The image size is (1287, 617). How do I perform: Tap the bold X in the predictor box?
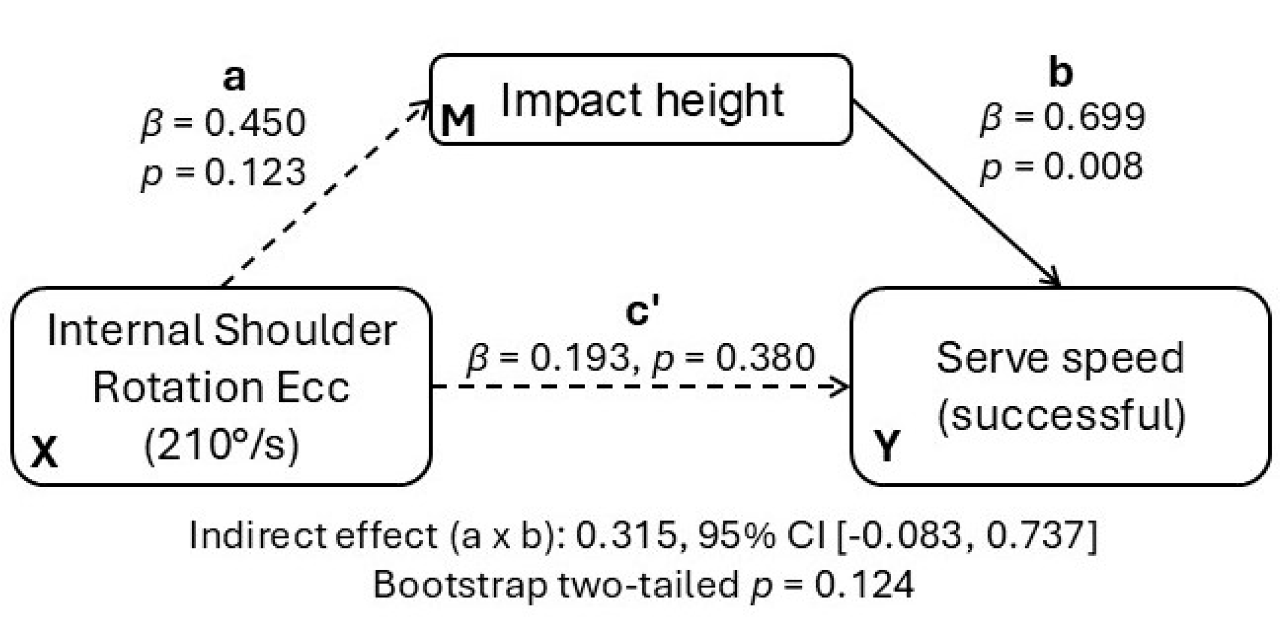click(44, 453)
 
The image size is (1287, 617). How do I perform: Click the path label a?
click(234, 77)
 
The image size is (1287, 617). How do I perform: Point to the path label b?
click(1060, 73)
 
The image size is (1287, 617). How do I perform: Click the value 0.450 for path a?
click(255, 123)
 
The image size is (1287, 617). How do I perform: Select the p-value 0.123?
click(255, 172)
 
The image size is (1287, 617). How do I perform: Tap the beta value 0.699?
click(1094, 117)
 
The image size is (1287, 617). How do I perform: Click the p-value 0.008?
click(1093, 167)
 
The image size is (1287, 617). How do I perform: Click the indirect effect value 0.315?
click(625, 536)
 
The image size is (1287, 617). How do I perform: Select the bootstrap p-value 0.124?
click(864, 585)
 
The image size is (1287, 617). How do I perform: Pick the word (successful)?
click(1061, 415)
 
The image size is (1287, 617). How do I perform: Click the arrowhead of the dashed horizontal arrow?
click(843, 387)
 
